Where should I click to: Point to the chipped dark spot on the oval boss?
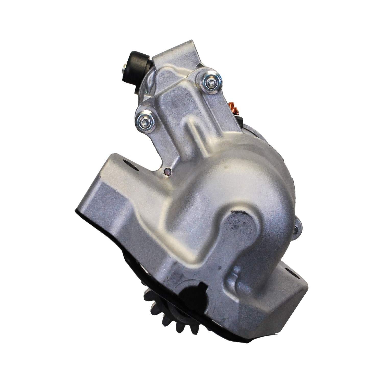239,212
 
